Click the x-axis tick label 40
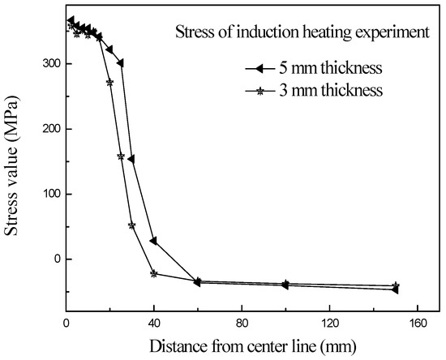point(154,324)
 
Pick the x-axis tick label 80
point(242,324)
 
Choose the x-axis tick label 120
point(329,324)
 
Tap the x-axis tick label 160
point(417,324)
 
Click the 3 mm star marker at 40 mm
point(154,273)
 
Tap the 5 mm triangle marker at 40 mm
point(154,241)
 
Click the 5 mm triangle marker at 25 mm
point(121,62)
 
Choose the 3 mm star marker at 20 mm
point(110,82)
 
